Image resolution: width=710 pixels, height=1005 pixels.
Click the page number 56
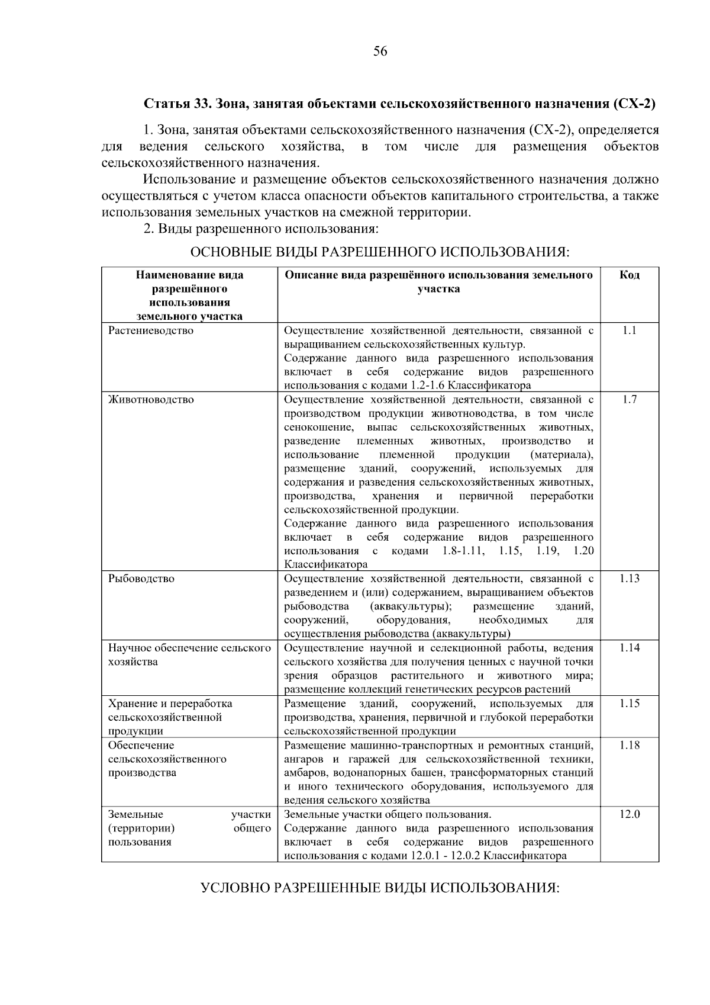(380, 52)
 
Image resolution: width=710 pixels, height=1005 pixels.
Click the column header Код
(630, 275)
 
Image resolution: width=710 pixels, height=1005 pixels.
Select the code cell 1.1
(630, 330)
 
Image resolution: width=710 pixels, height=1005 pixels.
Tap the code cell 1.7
(630, 400)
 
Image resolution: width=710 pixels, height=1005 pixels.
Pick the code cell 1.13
(630, 579)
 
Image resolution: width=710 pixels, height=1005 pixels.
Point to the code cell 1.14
(630, 648)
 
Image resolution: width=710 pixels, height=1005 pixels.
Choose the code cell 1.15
(630, 704)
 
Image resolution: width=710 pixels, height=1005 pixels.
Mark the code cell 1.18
(630, 745)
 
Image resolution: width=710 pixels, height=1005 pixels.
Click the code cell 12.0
(630, 814)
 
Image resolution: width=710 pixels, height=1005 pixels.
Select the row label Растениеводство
(151, 330)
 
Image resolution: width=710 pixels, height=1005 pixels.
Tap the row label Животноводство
(151, 400)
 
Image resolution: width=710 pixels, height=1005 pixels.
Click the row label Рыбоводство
(141, 579)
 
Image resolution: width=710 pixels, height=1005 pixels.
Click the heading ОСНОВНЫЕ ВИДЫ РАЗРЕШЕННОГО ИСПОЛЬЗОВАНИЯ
(380, 252)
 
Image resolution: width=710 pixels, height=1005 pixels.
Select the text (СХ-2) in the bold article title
(635, 104)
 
